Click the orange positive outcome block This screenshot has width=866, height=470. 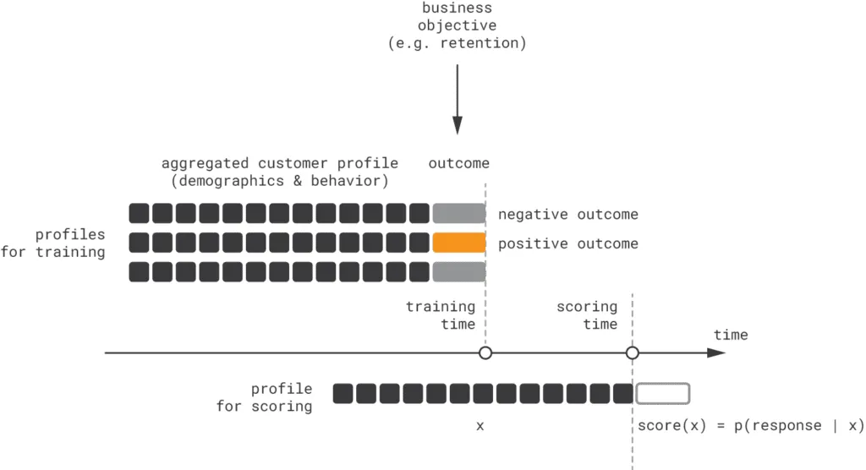click(x=458, y=243)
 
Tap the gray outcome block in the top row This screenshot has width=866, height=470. click(x=458, y=214)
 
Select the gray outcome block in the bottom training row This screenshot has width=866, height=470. click(x=458, y=272)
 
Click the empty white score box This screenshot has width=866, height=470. click(x=663, y=393)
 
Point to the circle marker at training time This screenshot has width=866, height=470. click(x=485, y=352)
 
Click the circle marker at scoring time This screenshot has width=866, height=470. click(x=632, y=352)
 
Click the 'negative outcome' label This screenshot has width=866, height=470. click(x=567, y=215)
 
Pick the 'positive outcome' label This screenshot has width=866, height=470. click(x=567, y=244)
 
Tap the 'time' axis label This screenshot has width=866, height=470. click(x=731, y=335)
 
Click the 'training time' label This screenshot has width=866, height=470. click(x=441, y=315)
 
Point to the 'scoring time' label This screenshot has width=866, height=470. click(x=587, y=315)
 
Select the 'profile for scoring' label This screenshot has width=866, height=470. click(x=264, y=397)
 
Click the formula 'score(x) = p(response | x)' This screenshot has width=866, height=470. click(x=750, y=425)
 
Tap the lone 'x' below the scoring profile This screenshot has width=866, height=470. click(x=480, y=426)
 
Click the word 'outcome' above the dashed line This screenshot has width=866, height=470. click(x=458, y=163)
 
